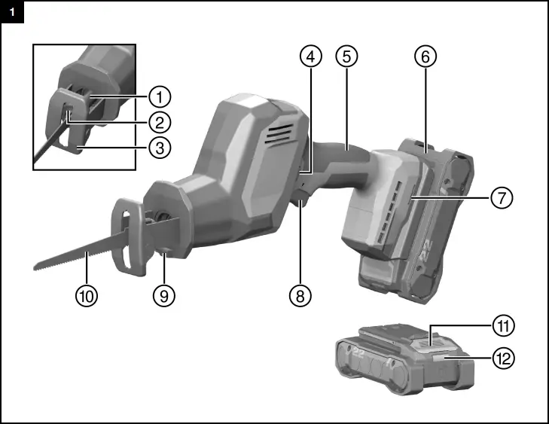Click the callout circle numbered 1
pyautogui.click(x=159, y=96)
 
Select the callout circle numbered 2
pyautogui.click(x=159, y=122)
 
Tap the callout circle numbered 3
pyautogui.click(x=159, y=148)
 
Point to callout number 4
pyautogui.click(x=310, y=56)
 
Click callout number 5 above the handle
pyautogui.click(x=346, y=56)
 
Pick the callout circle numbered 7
pyautogui.click(x=502, y=197)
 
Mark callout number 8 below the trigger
pyautogui.click(x=300, y=296)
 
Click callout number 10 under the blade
pyautogui.click(x=87, y=296)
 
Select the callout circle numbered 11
pyautogui.click(x=502, y=325)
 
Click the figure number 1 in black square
pyautogui.click(x=12, y=12)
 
